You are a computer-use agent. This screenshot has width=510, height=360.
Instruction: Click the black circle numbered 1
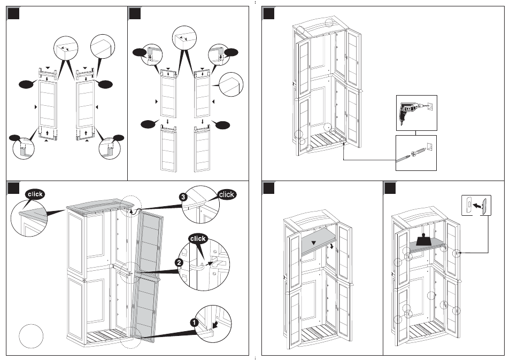[x=194, y=322]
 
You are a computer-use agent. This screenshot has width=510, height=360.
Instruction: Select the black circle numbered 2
[x=179, y=263]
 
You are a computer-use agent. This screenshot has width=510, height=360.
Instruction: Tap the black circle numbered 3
[x=183, y=197]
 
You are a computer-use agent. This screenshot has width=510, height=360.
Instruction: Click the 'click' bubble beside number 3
[x=226, y=194]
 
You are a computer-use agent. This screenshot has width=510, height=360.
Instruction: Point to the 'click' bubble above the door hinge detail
[x=198, y=239]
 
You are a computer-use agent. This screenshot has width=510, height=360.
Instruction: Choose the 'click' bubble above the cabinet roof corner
[x=35, y=194]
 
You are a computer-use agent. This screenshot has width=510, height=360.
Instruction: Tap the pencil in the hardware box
[x=403, y=158]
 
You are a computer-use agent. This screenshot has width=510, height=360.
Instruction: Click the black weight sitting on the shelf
[x=423, y=240]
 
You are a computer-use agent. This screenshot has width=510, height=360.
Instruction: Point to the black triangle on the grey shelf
[x=314, y=242]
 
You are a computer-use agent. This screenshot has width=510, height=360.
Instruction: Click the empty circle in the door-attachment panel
[x=31, y=335]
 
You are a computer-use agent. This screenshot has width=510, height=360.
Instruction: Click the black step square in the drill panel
[x=268, y=13]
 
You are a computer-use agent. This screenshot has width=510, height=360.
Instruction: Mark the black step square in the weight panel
[x=390, y=188]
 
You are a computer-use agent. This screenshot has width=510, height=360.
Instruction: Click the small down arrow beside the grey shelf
[x=331, y=246]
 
